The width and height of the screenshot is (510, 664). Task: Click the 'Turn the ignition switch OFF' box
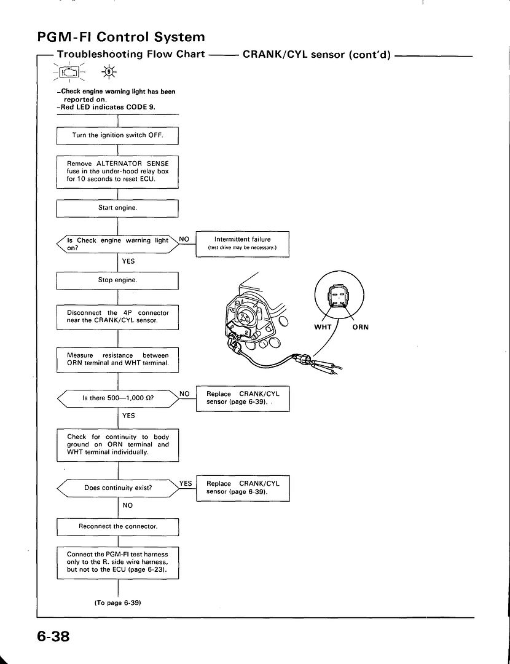pyautogui.click(x=117, y=135)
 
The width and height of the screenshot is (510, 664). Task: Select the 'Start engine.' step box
pyautogui.click(x=117, y=208)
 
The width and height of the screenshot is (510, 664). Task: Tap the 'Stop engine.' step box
pyautogui.click(x=117, y=280)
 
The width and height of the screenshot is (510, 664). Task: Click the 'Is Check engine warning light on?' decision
pyautogui.click(x=117, y=244)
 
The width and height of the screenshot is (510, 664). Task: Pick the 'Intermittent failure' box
pyautogui.click(x=243, y=244)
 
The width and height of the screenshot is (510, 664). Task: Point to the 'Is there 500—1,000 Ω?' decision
pyautogui.click(x=117, y=398)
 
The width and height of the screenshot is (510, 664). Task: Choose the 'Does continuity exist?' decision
pyautogui.click(x=117, y=488)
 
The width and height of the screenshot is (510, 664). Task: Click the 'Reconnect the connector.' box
pyautogui.click(x=118, y=527)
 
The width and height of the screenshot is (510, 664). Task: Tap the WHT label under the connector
pyautogui.click(x=323, y=327)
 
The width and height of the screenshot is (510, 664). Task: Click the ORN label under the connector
pyautogui.click(x=361, y=327)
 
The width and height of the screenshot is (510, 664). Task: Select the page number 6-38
pyautogui.click(x=53, y=636)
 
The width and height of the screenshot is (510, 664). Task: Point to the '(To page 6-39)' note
pyautogui.click(x=117, y=603)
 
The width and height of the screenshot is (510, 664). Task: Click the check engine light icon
pyautogui.click(x=69, y=73)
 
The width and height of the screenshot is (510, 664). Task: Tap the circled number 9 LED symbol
pyautogui.click(x=109, y=73)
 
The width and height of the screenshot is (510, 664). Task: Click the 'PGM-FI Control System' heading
pyautogui.click(x=121, y=38)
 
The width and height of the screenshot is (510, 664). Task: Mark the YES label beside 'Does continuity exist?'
pyautogui.click(x=186, y=484)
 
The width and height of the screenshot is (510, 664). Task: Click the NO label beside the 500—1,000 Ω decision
pyautogui.click(x=184, y=394)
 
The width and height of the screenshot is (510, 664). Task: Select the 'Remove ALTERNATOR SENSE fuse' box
pyautogui.click(x=117, y=172)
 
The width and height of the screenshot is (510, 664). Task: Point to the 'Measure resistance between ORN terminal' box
pyautogui.click(x=117, y=360)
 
